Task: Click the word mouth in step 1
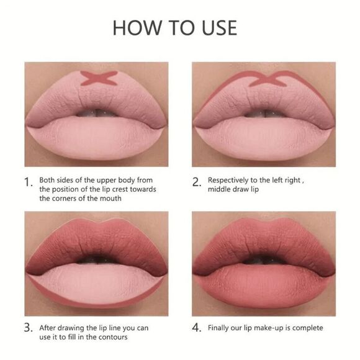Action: pyautogui.click(x=109, y=199)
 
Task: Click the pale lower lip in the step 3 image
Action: pyautogui.click(x=96, y=282)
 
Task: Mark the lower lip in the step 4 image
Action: pyautogui.click(x=264, y=282)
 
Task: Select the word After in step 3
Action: pyautogui.click(x=49, y=328)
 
